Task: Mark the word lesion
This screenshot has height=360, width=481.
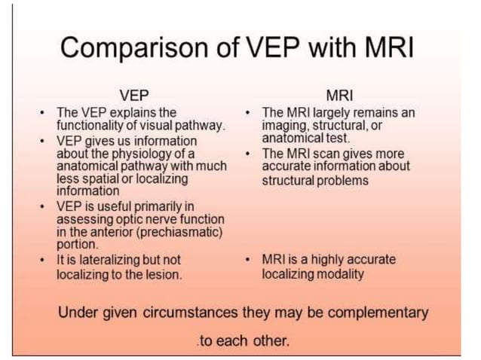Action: tap(164, 274)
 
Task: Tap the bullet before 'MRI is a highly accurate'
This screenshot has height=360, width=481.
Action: tap(249, 260)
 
